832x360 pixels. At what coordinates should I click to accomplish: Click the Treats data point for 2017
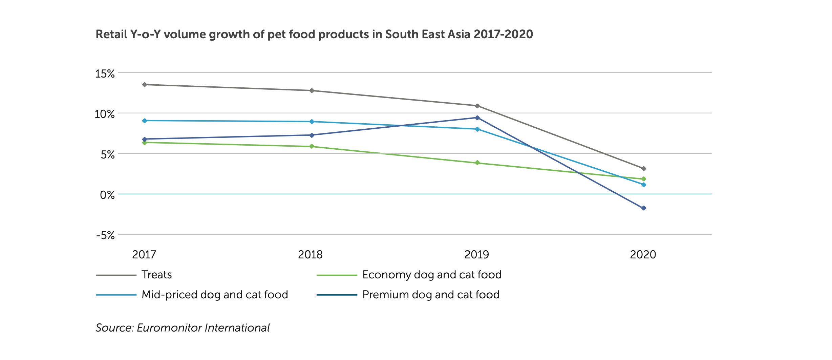[145, 84]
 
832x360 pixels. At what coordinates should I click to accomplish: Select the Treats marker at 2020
[644, 168]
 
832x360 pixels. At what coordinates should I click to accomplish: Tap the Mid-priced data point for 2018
[312, 122]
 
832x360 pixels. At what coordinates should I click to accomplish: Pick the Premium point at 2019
[477, 118]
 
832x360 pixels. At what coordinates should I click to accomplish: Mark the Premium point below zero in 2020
[644, 208]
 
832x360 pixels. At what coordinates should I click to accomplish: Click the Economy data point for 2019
[477, 163]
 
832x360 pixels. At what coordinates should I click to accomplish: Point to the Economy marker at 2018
[312, 146]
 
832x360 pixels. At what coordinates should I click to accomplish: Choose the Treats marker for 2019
[477, 106]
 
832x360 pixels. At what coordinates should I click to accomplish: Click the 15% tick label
[105, 74]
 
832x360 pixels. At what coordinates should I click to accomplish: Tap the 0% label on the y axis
[107, 195]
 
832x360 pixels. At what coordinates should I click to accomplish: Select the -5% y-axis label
[105, 235]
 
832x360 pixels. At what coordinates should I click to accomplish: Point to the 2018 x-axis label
[310, 255]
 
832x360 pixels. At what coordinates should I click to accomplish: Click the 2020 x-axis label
[643, 255]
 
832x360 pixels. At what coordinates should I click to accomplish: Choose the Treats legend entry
[156, 275]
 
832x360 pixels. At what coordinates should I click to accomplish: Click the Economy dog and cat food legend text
[432, 275]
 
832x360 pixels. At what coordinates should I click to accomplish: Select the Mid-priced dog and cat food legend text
[215, 295]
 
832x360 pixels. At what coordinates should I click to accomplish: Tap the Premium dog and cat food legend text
[431, 295]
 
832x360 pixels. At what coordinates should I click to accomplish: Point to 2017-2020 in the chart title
[503, 34]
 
